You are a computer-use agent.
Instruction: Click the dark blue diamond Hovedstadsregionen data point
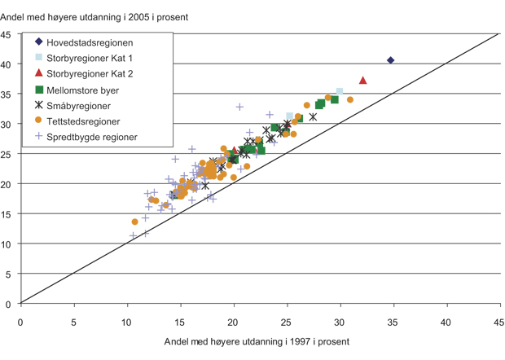point(390,60)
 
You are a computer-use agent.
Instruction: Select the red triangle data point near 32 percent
point(362,80)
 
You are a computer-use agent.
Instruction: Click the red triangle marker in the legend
point(39,73)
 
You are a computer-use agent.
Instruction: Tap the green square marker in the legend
point(39,90)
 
